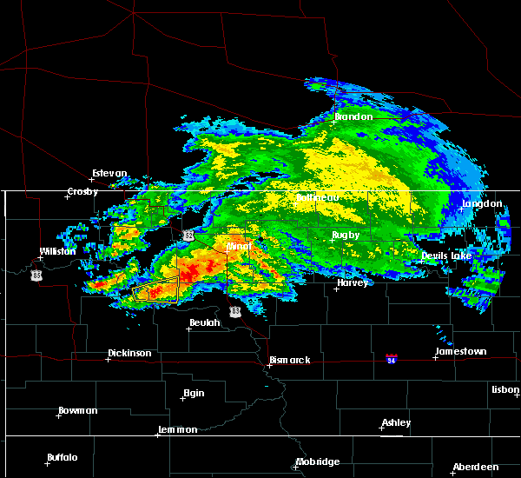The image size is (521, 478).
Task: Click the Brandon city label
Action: tap(354, 116)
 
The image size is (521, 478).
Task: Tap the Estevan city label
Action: tap(111, 173)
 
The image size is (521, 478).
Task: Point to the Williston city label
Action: tap(57, 251)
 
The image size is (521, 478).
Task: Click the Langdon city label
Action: tap(483, 203)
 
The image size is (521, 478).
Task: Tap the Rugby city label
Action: tap(346, 236)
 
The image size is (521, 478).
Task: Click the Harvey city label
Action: tap(353, 282)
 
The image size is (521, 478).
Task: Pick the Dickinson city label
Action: tap(129, 354)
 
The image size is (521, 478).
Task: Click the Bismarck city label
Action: tap(289, 360)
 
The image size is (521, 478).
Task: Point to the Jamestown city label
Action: tap(462, 352)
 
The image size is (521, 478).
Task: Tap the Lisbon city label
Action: tap(505, 390)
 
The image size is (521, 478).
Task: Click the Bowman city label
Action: tap(78, 410)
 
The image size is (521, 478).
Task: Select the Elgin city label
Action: tap(194, 393)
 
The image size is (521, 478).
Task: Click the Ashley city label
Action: tap(397, 423)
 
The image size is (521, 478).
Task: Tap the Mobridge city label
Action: tap(318, 461)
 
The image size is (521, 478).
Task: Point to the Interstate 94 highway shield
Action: tap(392, 358)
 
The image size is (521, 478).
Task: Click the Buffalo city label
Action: tap(63, 457)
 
